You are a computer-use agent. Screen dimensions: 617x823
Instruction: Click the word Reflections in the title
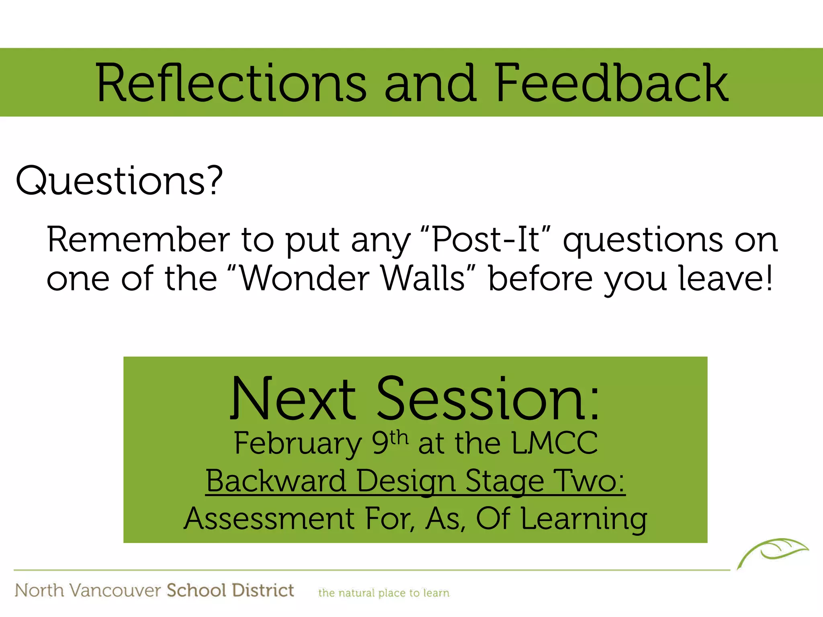pyautogui.click(x=231, y=84)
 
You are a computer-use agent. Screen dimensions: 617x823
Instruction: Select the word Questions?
pyautogui.click(x=119, y=182)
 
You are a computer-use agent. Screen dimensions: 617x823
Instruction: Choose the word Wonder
pyautogui.click(x=305, y=278)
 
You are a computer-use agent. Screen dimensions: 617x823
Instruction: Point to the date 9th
pyautogui.click(x=389, y=442)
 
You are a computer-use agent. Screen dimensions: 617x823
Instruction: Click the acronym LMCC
pyautogui.click(x=555, y=443)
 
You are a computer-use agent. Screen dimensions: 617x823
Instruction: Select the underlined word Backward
pyautogui.click(x=276, y=481)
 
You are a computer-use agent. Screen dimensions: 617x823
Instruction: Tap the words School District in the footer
pyautogui.click(x=230, y=590)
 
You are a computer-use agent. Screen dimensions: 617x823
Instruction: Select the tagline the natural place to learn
pyautogui.click(x=384, y=593)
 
